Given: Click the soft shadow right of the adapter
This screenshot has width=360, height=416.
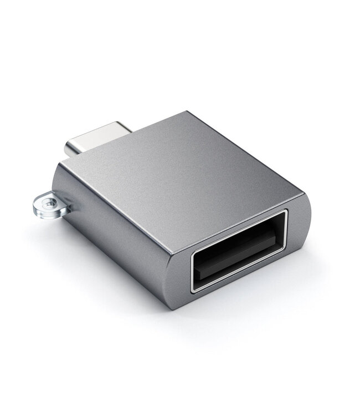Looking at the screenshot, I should click(x=321, y=261).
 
